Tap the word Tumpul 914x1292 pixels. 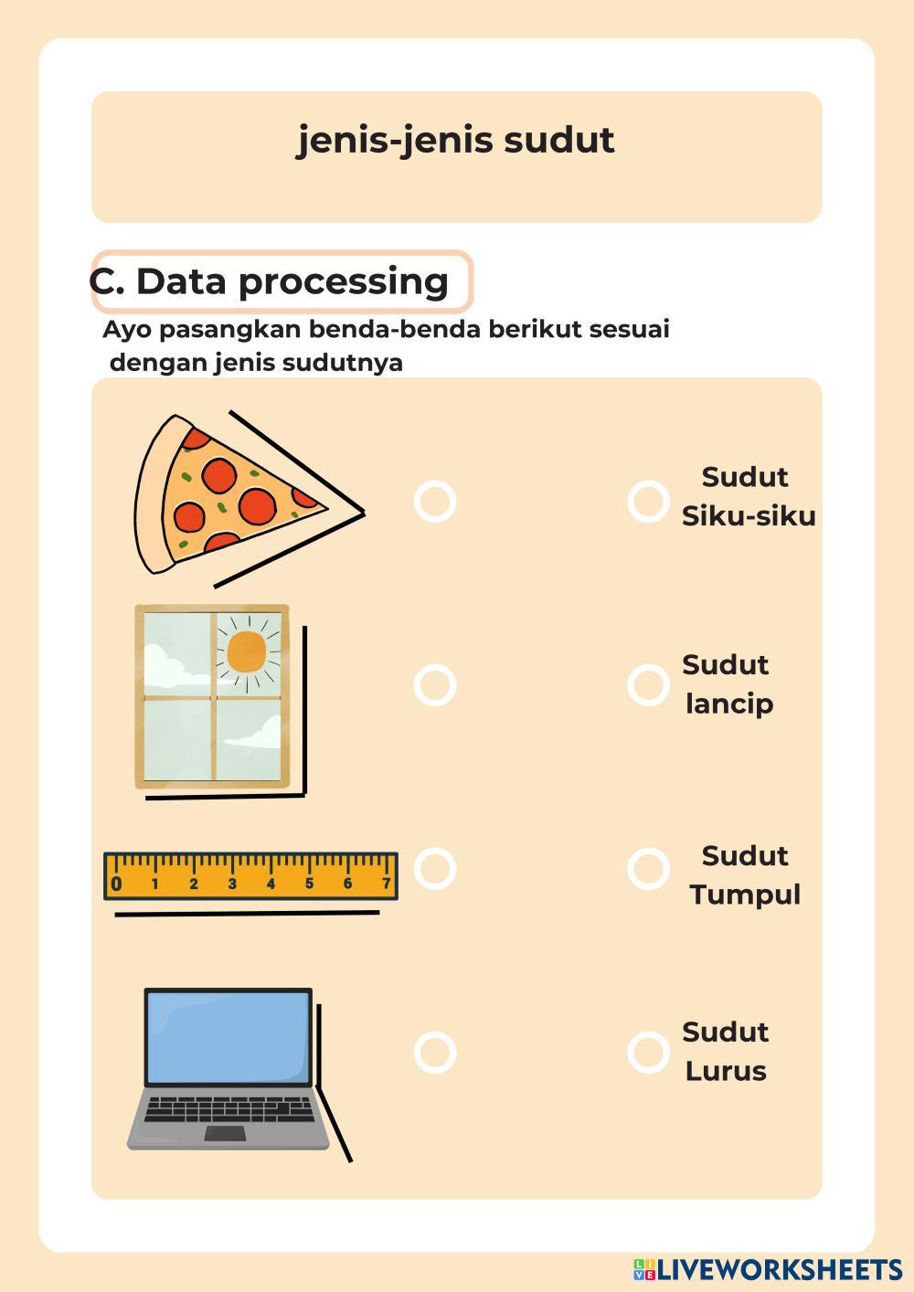(x=745, y=896)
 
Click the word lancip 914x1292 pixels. (x=729, y=704)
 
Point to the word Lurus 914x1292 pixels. (x=726, y=1072)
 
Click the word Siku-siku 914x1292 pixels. (x=749, y=515)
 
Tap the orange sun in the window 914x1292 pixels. (x=247, y=652)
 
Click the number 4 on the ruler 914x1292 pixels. (x=271, y=884)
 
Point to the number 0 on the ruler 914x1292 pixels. (x=117, y=884)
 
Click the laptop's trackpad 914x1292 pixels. (x=225, y=1133)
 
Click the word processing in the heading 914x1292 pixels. (x=344, y=283)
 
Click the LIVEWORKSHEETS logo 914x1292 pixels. (x=768, y=1269)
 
